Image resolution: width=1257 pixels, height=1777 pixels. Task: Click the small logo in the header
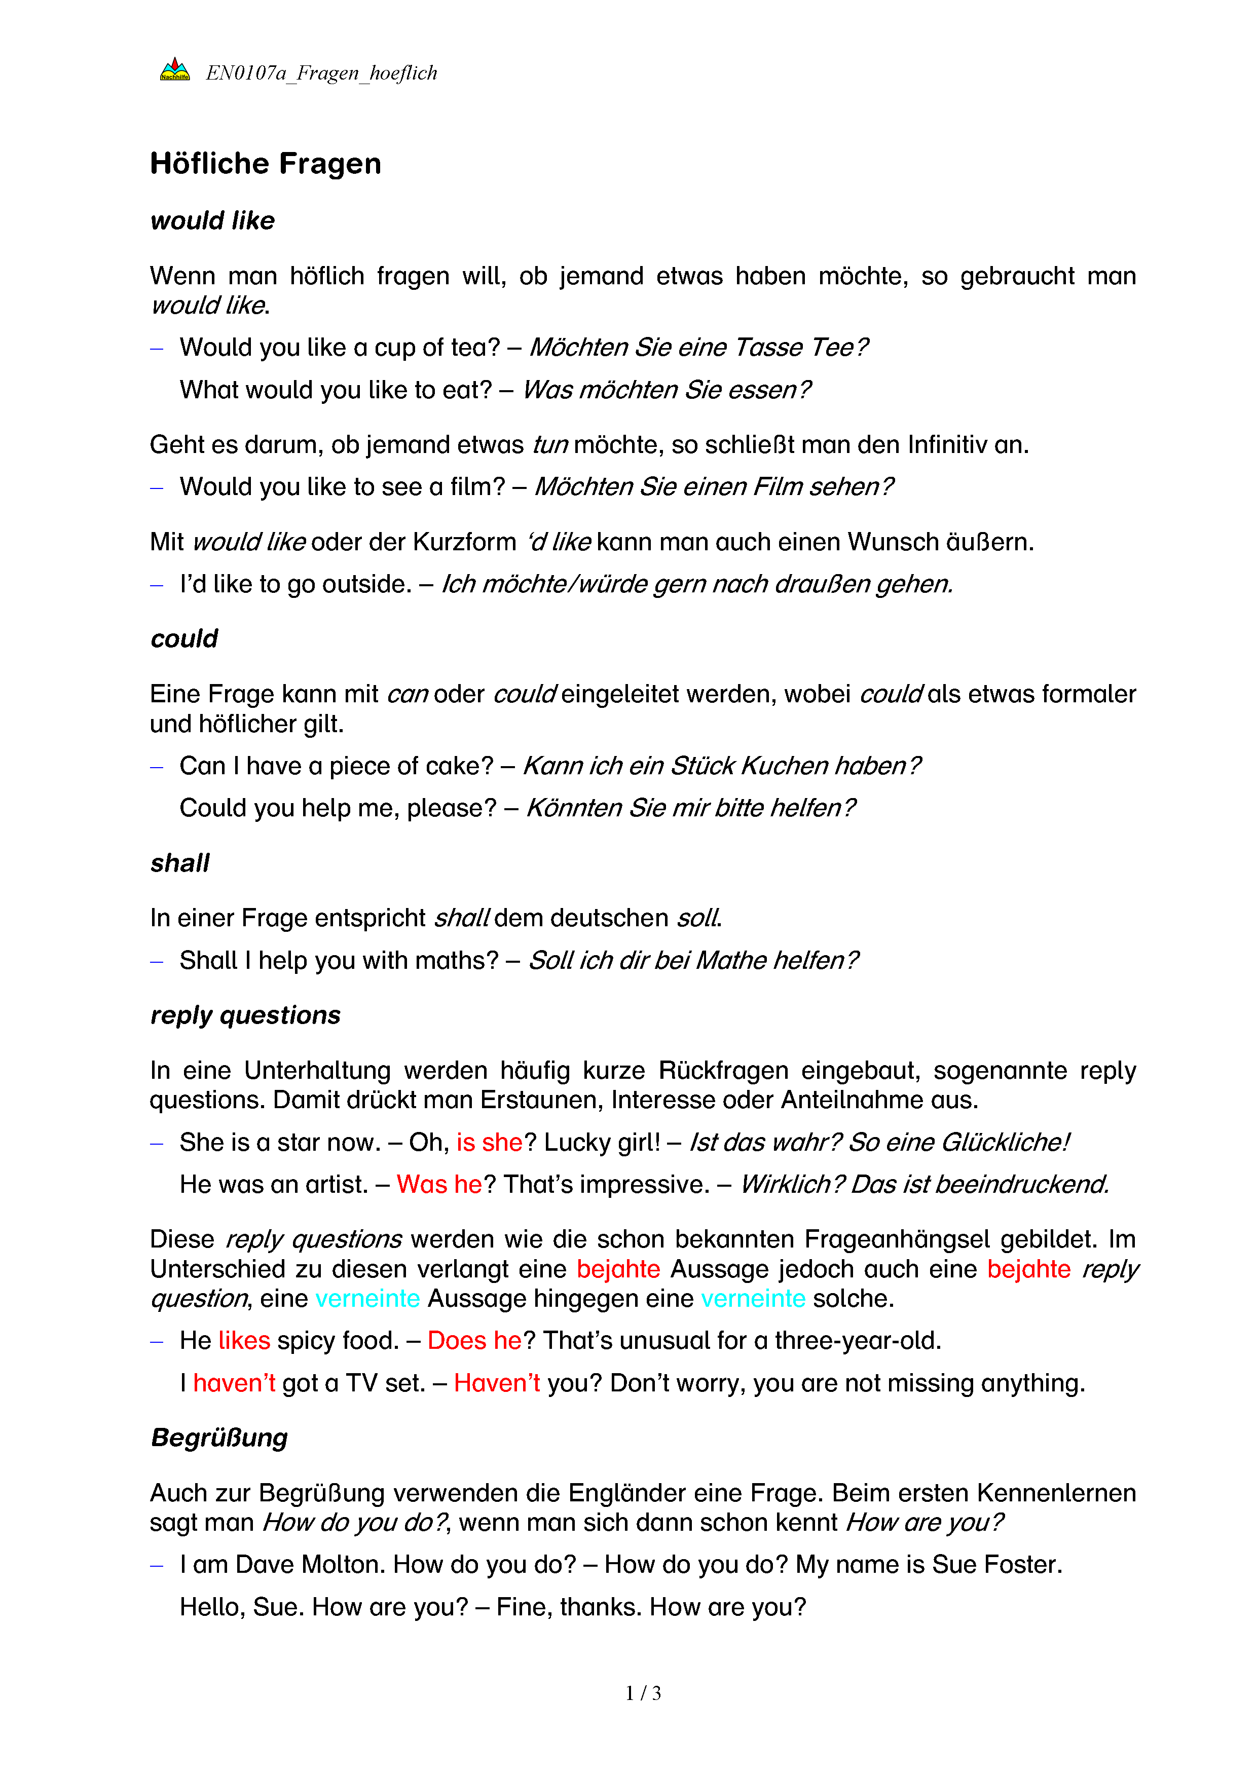coord(175,69)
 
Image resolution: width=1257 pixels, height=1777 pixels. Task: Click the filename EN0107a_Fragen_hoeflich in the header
coord(321,73)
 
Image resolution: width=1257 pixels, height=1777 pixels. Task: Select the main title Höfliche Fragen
coord(266,164)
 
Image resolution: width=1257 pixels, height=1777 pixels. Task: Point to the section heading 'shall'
coord(179,863)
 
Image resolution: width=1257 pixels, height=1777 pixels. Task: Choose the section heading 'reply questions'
coord(245,1014)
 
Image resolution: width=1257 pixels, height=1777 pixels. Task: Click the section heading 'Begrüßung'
coord(219,1437)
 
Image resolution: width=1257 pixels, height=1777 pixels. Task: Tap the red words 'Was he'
coord(439,1184)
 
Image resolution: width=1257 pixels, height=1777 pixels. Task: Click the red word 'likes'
coord(244,1341)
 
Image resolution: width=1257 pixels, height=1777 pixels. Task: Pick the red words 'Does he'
coord(474,1341)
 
